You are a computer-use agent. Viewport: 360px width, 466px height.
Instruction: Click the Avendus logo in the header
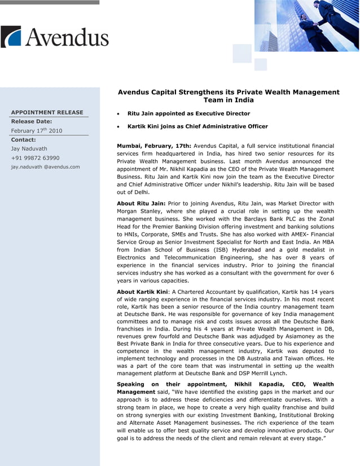[55, 37]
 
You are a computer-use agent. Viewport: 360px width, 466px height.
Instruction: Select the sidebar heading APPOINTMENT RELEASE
[47, 112]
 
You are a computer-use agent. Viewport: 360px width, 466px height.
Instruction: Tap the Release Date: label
[32, 121]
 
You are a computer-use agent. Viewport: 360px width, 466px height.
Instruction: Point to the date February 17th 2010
[37, 131]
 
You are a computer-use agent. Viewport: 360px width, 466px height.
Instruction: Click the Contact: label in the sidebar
[24, 139]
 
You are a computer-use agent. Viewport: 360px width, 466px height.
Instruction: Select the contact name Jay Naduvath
[29, 149]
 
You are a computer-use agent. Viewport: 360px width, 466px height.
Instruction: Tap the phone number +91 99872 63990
[36, 158]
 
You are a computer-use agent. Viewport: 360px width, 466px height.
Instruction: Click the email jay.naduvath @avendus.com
[46, 167]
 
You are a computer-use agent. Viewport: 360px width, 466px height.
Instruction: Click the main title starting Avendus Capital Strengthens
[229, 96]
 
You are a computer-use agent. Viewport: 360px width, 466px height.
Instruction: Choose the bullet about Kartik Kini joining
[197, 126]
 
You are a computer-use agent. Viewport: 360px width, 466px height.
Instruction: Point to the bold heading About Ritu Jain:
[141, 204]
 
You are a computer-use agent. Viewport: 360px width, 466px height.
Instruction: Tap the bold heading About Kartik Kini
[143, 292]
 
